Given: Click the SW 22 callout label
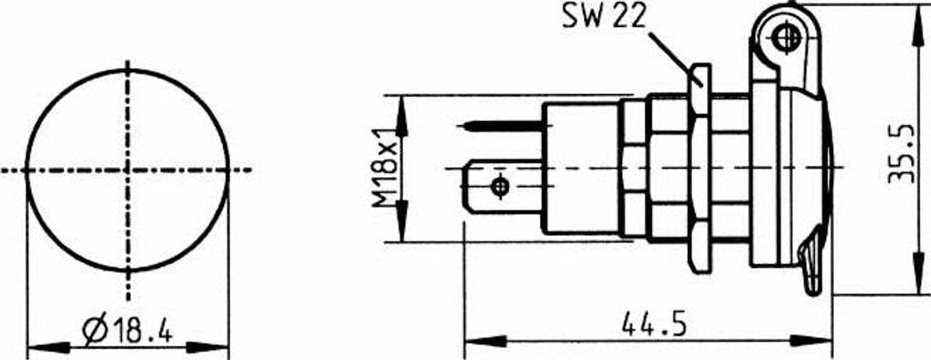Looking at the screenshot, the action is point(604,16).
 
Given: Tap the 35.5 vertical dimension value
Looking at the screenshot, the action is point(903,154).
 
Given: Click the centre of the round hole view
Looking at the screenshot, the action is point(128,170).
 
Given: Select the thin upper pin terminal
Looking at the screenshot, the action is point(503,125).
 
